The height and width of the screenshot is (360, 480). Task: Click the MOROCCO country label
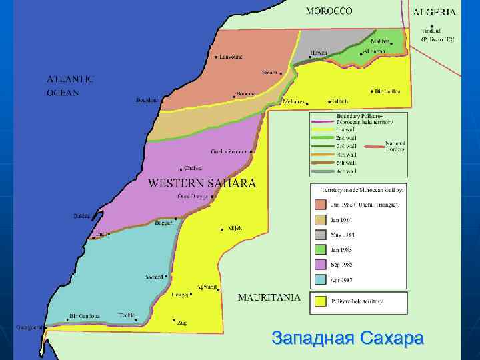(x=329, y=11)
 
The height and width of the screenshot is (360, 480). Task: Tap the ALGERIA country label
(x=434, y=12)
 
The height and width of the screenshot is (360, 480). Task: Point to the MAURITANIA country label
(x=269, y=297)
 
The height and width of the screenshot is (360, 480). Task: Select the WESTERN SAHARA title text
(x=201, y=183)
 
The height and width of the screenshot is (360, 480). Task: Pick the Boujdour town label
(x=147, y=101)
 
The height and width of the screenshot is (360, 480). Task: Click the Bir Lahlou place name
(x=388, y=91)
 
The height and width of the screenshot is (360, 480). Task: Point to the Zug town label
(x=181, y=323)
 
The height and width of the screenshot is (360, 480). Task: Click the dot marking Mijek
(x=222, y=229)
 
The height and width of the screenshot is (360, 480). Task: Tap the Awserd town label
(x=154, y=277)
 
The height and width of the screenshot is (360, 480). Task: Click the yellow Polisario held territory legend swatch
(x=321, y=301)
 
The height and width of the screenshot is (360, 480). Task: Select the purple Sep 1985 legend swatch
(x=321, y=265)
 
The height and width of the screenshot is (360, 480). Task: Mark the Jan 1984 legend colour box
(x=321, y=219)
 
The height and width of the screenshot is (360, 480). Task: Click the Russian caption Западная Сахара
(x=347, y=338)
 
